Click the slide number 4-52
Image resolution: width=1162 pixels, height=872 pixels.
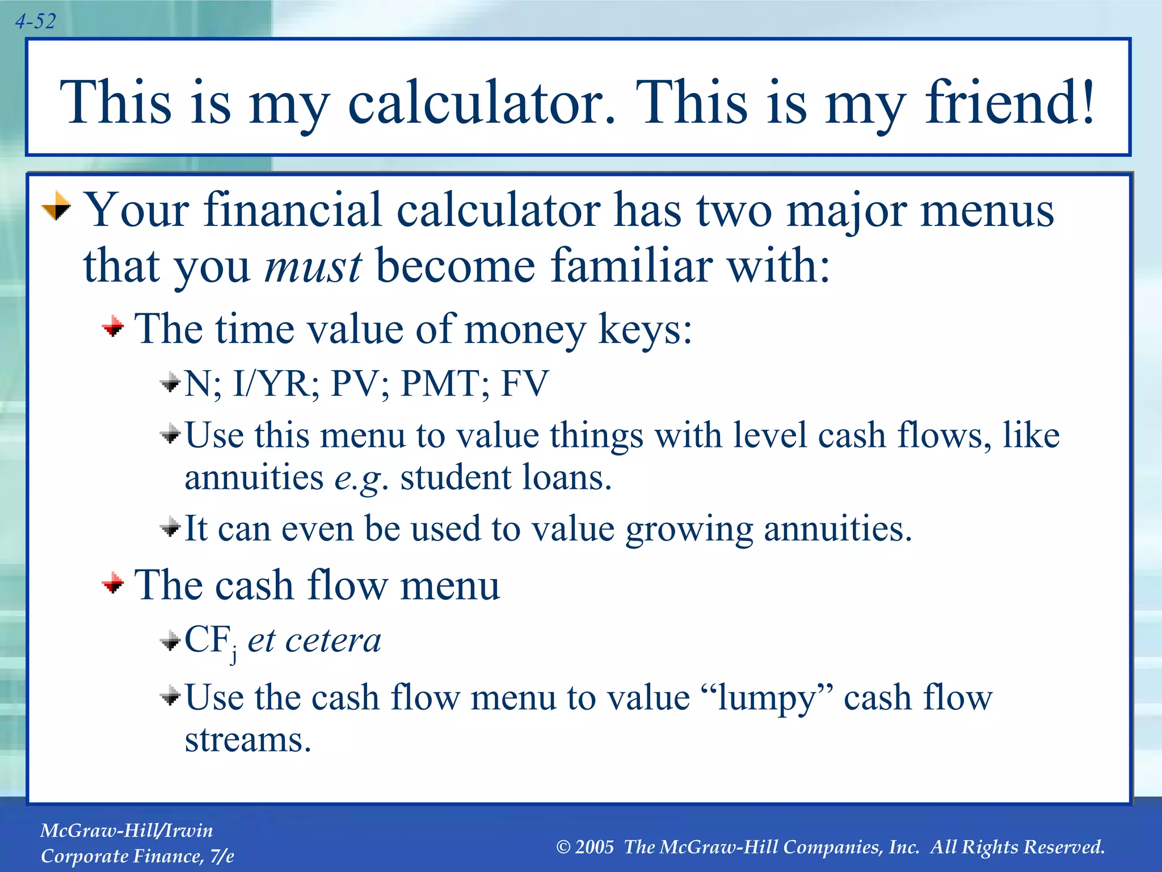point(35,22)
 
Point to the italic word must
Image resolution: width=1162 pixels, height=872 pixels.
point(313,266)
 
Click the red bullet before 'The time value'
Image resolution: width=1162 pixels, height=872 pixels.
point(113,326)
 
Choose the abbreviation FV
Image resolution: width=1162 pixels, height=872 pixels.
point(524,383)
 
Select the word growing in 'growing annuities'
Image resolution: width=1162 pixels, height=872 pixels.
point(689,529)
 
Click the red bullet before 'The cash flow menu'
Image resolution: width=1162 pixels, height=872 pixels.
point(113,582)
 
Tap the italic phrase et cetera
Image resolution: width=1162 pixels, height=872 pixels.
point(314,640)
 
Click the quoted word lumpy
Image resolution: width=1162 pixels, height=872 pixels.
point(767,698)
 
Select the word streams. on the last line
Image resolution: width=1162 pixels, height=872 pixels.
point(248,740)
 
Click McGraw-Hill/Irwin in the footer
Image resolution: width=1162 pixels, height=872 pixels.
point(127,831)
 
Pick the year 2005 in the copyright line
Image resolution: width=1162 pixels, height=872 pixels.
point(594,847)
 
